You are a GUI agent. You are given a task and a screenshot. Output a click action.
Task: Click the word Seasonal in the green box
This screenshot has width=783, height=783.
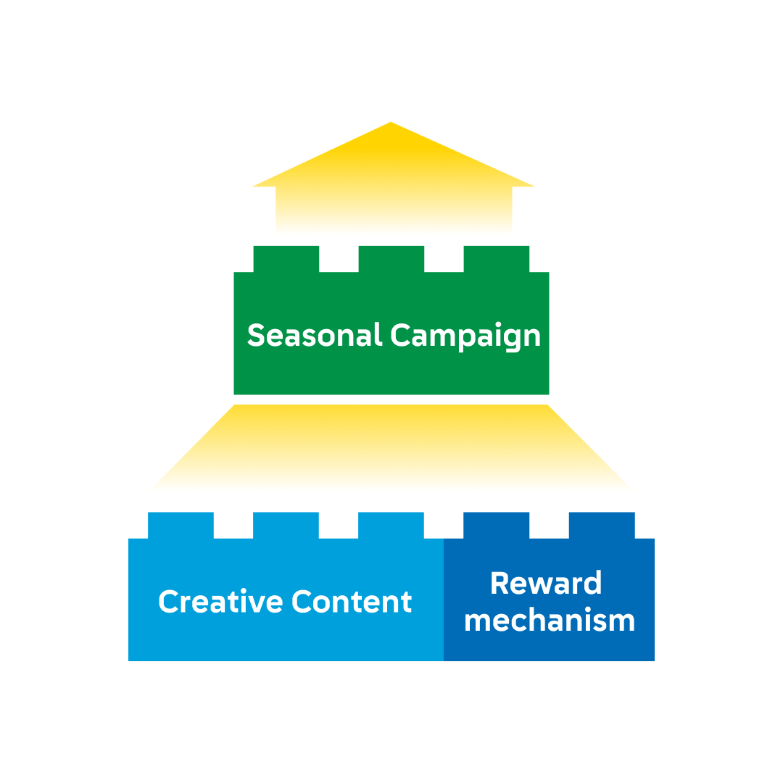[x=314, y=336]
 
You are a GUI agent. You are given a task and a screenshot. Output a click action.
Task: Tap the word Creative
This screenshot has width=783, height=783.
[x=221, y=602]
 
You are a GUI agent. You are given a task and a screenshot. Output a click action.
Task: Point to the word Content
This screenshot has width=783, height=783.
[x=352, y=602]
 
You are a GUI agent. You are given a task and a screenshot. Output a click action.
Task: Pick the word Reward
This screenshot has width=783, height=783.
[x=546, y=584]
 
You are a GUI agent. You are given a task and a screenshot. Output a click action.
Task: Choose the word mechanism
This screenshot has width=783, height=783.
[x=550, y=621]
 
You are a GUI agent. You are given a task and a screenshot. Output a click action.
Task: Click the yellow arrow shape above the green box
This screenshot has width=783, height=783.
[x=391, y=196]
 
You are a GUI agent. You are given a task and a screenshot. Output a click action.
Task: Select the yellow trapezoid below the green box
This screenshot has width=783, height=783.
[x=395, y=449]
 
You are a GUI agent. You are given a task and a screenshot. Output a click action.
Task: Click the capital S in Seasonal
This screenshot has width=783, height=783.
[x=255, y=336]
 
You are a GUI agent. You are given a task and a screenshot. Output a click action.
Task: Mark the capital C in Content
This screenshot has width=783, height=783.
[x=302, y=602]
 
